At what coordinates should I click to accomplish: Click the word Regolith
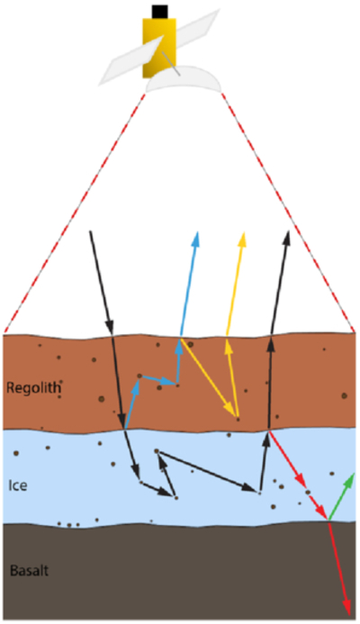coord(34,387)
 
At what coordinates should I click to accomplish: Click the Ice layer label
coord(18,485)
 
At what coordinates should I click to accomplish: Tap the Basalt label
coord(29,571)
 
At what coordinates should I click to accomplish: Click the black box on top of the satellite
coord(159,12)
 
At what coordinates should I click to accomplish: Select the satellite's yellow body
coord(159,48)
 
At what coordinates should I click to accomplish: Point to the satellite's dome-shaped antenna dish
coord(184,79)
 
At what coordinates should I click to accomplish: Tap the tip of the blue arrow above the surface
coord(196,231)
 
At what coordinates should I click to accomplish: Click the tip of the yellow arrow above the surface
coord(243,231)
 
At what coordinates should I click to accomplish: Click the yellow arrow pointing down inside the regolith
coord(207,377)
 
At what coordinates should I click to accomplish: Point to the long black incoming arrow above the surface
coord(102,283)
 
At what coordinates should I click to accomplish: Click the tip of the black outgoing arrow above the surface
coord(288,230)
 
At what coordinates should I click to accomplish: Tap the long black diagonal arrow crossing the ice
coord(206,471)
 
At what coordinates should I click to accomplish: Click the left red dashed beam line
coord(75,213)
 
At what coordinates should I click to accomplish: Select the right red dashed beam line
coord(287,213)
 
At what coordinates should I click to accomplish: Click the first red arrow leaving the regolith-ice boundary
coord(288,460)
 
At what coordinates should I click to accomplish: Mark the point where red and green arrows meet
coord(328,520)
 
